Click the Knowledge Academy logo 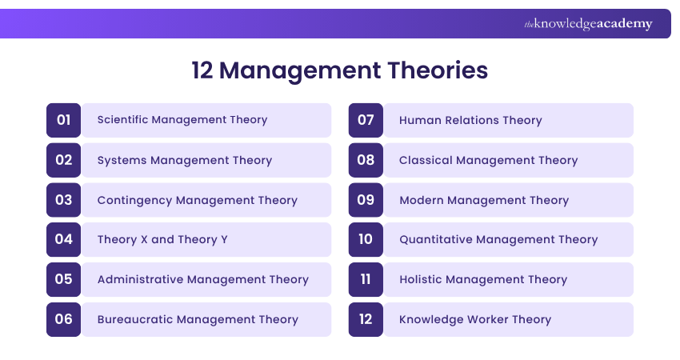(x=588, y=24)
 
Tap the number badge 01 (x=64, y=120)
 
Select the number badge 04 (x=64, y=239)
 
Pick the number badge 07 (x=366, y=120)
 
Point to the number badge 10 (x=366, y=239)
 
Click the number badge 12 (x=366, y=319)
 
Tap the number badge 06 (x=64, y=319)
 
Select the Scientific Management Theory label (x=182, y=120)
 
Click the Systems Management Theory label (x=185, y=160)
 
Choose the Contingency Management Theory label (x=197, y=200)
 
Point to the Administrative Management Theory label (x=202, y=279)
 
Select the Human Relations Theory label (x=470, y=120)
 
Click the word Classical (x=426, y=160)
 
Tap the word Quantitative (x=438, y=239)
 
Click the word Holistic (x=423, y=279)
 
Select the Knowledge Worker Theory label (x=475, y=319)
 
